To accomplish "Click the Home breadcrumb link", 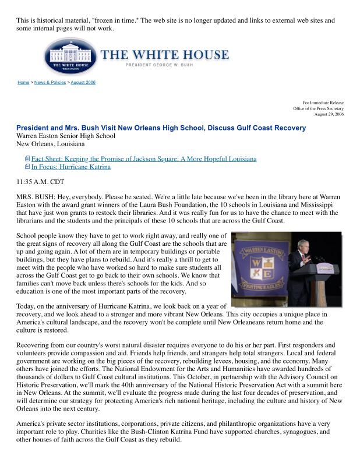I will click(x=23, y=83).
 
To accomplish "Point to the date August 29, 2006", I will click(x=329, y=114).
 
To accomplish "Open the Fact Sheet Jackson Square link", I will click(x=143, y=158).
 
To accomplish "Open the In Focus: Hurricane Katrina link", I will click(x=70, y=167).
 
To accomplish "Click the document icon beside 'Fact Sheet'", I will click(x=27, y=158).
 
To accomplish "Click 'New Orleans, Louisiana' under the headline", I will click(x=50, y=144).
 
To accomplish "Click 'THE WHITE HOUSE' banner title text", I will click(x=165, y=55).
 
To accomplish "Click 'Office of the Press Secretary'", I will click(x=318, y=108).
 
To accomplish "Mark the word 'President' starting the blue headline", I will click(x=35, y=128).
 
